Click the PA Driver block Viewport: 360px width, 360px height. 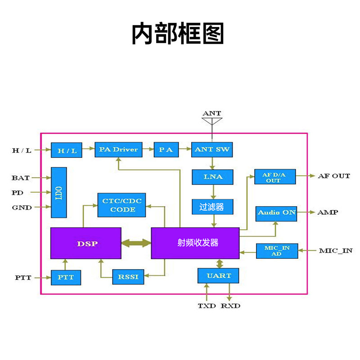coord(118,150)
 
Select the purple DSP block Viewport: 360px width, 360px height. coord(86,243)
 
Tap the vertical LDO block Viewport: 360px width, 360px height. coord(59,193)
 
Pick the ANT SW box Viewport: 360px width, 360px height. coord(212,150)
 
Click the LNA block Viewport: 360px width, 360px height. coord(212,177)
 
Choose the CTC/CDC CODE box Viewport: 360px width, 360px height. coord(121,205)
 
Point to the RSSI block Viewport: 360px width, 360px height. coord(128,277)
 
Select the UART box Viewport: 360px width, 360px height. coord(218,276)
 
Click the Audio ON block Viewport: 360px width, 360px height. coord(276,214)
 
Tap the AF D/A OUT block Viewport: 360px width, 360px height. coord(275,177)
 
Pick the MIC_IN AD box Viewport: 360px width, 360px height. coord(277,251)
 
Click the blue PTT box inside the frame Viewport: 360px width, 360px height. coord(66,278)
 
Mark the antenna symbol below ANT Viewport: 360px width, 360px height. coord(212,121)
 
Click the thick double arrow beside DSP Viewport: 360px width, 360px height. coord(136,243)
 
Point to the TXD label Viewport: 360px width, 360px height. coord(207,306)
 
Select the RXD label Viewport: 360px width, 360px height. coord(230,306)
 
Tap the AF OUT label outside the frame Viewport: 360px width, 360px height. coord(334,176)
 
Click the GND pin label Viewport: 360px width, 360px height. coord(22,207)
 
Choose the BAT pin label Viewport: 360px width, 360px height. coord(21,178)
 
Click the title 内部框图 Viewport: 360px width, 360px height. coord(178,33)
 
